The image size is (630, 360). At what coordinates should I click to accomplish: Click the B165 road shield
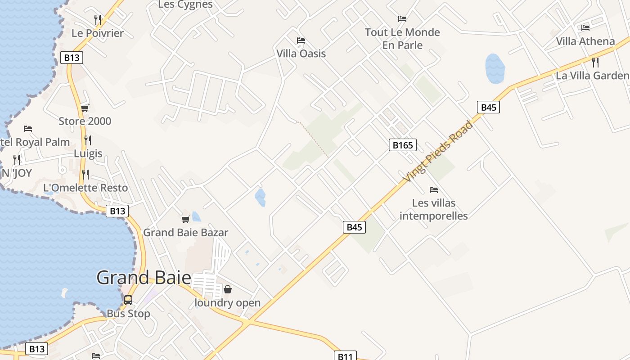click(402, 145)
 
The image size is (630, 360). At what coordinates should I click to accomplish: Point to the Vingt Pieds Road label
click(437, 151)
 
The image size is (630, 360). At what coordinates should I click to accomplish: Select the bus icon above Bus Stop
click(128, 300)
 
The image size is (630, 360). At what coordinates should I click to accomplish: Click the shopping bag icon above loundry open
click(228, 289)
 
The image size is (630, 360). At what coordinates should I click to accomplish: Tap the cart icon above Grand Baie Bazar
click(185, 219)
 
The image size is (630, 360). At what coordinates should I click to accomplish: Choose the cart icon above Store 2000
click(85, 108)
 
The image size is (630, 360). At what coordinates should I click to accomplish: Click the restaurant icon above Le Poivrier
click(98, 19)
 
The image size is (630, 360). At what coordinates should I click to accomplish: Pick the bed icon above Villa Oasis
click(301, 40)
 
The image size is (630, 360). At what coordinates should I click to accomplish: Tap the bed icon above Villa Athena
click(585, 28)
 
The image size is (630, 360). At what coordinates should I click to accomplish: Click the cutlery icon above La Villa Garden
click(595, 62)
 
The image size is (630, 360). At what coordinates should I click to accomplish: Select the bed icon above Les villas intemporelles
click(433, 190)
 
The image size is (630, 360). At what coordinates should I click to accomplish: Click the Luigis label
click(88, 153)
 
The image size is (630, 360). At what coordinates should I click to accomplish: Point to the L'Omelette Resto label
click(85, 188)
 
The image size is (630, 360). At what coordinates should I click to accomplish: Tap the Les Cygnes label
click(185, 4)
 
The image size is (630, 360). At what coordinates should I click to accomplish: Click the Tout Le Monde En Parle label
click(402, 39)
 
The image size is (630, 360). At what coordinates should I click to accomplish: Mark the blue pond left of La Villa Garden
click(495, 68)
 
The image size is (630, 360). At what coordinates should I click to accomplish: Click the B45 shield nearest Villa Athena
click(488, 107)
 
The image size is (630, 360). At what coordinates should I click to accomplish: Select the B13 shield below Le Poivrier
click(72, 58)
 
